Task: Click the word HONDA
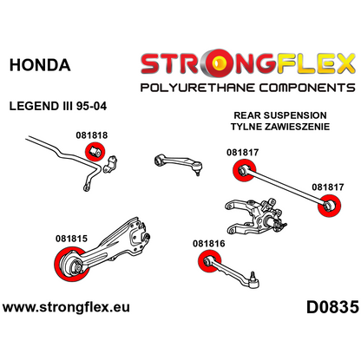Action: click(x=40, y=65)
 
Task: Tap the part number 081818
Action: click(x=92, y=135)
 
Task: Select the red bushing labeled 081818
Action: click(x=95, y=151)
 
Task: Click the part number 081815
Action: click(x=71, y=239)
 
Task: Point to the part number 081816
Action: click(x=209, y=244)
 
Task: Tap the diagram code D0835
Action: click(x=332, y=307)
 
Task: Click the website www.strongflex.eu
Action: click(x=66, y=307)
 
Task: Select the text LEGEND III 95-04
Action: click(x=58, y=106)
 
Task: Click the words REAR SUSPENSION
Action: click(x=280, y=115)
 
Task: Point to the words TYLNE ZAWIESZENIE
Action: click(x=280, y=127)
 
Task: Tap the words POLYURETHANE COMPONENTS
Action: click(x=247, y=88)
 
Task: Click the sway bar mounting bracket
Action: click(x=109, y=165)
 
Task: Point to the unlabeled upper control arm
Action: click(x=178, y=165)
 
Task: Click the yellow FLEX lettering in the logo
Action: click(x=316, y=63)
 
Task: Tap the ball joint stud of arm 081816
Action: click(x=253, y=274)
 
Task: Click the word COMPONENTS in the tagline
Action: click(x=307, y=88)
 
